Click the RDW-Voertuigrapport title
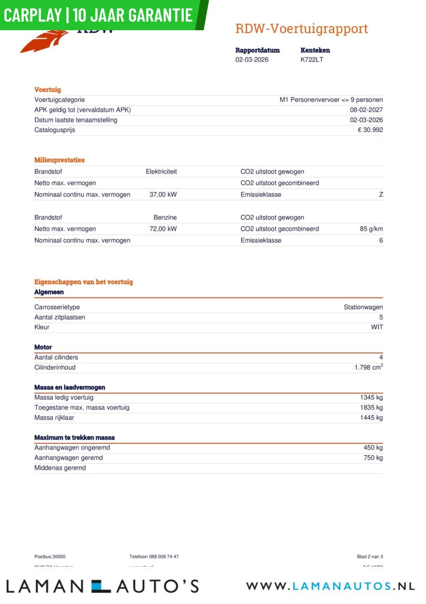coord(302,29)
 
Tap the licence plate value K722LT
coord(312,60)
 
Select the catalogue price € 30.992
coord(370,130)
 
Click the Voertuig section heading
coord(48,90)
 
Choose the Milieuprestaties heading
coord(59,160)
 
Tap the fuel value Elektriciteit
coord(161,172)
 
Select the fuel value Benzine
coord(165,218)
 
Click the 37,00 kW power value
coord(163,194)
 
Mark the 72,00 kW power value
coord(163,229)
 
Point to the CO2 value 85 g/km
coord(371,229)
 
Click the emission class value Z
coord(381,194)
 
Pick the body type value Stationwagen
coord(363,307)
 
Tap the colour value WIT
coord(377,327)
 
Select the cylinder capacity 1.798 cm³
coord(369,367)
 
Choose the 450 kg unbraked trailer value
coord(373,448)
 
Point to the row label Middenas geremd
coord(60,468)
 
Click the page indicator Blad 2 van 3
coord(370,557)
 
